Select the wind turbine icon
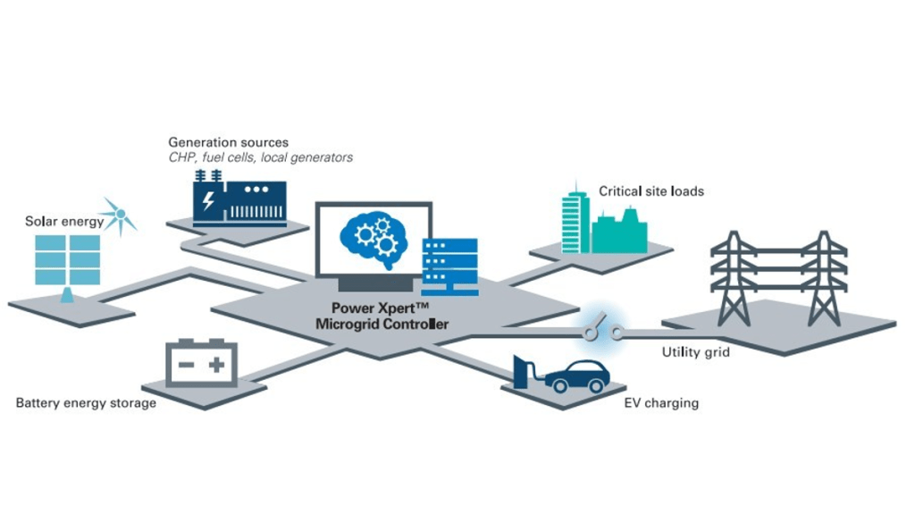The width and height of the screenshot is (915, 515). [116, 215]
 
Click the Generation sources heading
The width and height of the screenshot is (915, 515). [228, 142]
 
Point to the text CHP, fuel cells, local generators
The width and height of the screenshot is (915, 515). [260, 157]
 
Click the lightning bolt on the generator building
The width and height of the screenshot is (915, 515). [208, 202]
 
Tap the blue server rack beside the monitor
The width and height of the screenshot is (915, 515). [449, 266]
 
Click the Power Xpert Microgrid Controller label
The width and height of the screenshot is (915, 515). [382, 316]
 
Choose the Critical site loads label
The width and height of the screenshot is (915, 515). [651, 191]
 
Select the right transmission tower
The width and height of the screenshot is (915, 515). [823, 277]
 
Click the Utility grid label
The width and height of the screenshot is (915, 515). [695, 352]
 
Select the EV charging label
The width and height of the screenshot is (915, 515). [661, 403]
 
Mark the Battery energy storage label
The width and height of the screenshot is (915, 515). [86, 403]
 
